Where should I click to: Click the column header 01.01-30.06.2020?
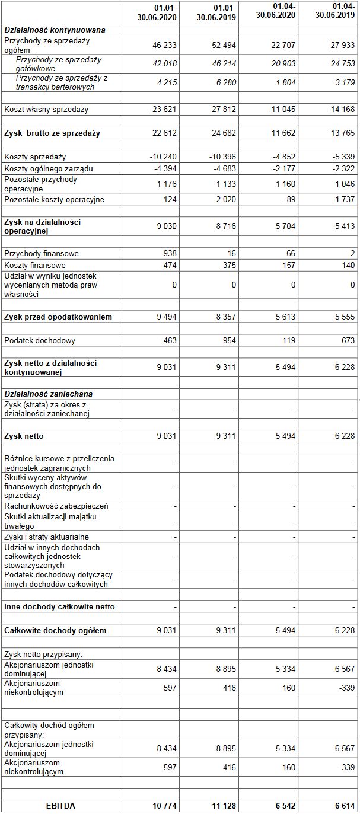(155, 12)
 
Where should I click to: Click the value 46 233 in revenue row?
(164, 44)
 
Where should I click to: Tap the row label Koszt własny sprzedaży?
(46, 109)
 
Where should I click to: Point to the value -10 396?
(224, 157)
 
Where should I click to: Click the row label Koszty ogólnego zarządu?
(49, 168)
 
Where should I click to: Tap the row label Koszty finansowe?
(35, 265)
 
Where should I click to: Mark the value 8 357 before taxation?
(226, 317)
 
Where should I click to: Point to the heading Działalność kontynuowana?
(55, 29)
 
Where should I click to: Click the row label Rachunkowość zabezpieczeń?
(56, 506)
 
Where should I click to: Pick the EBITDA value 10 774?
(165, 806)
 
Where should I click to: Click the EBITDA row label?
(60, 806)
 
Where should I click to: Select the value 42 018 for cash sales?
(164, 64)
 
